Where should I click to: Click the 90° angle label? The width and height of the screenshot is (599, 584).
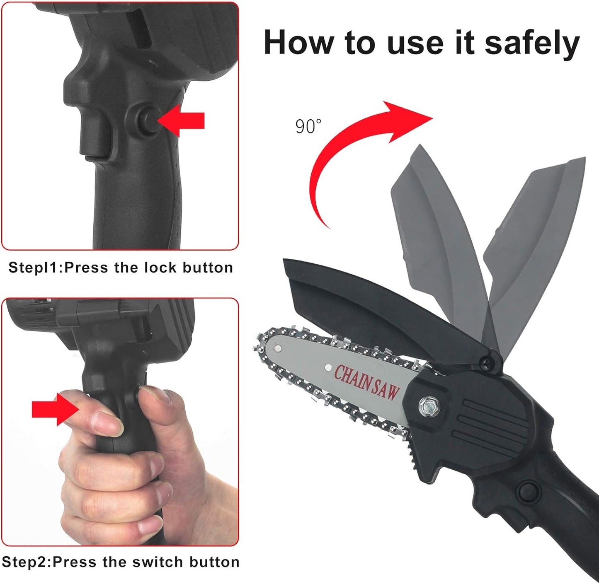click(x=308, y=126)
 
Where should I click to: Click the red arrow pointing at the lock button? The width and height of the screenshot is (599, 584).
click(x=181, y=120)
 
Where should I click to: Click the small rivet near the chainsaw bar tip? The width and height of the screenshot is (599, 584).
click(x=278, y=348)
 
